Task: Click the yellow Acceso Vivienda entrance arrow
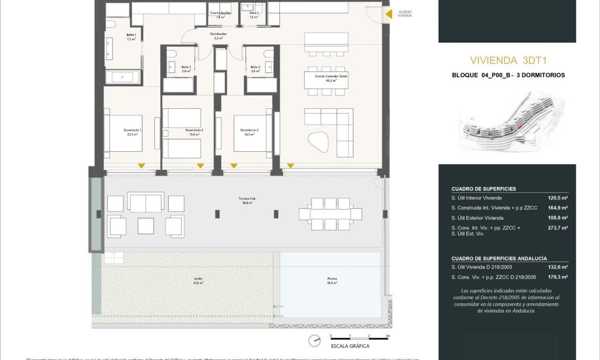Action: coord(388,14)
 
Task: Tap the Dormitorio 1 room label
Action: coord(132,132)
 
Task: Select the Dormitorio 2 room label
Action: coord(249,132)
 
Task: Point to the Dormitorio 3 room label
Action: coord(194,132)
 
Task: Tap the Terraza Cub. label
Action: coord(245,200)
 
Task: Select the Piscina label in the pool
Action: coord(332,281)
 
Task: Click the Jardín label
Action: coord(198,281)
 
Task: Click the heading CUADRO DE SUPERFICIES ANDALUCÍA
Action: coord(499,258)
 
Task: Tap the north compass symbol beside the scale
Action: coord(315,341)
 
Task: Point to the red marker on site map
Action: coord(520,126)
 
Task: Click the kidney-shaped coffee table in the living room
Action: coord(319,141)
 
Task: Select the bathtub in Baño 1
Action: coord(123,77)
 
